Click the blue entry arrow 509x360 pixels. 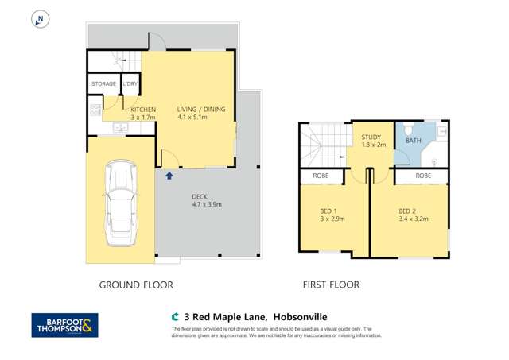click(169, 175)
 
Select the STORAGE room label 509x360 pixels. click(103, 83)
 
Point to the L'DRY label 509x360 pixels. click(130, 83)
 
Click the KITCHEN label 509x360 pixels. click(131, 110)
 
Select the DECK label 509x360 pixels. click(200, 198)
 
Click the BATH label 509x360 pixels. click(413, 141)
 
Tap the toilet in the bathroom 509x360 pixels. click(407, 129)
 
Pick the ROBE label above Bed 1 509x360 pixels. click(321, 176)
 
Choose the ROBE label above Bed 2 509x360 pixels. click(422, 176)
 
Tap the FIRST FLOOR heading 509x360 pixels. click(330, 284)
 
